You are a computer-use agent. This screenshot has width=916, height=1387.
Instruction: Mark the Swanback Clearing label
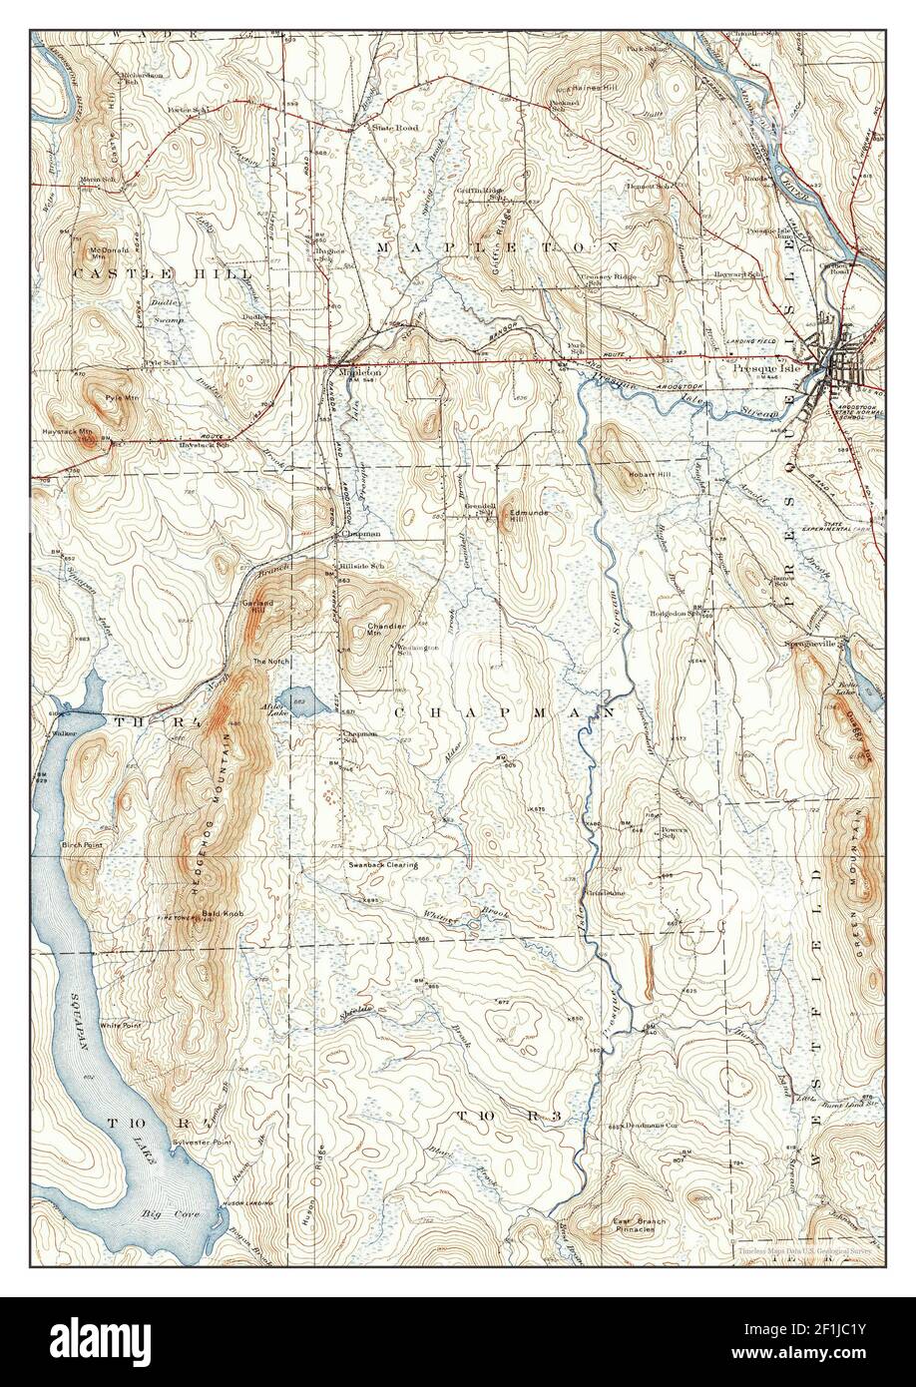pos(382,864)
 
